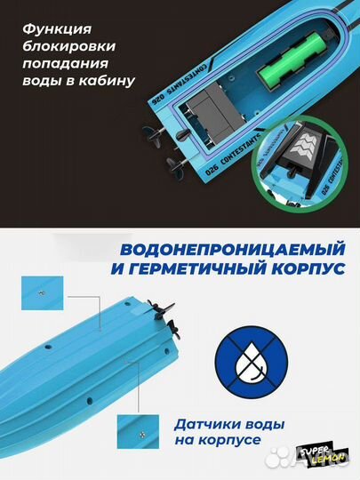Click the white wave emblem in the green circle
click(305, 142)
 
